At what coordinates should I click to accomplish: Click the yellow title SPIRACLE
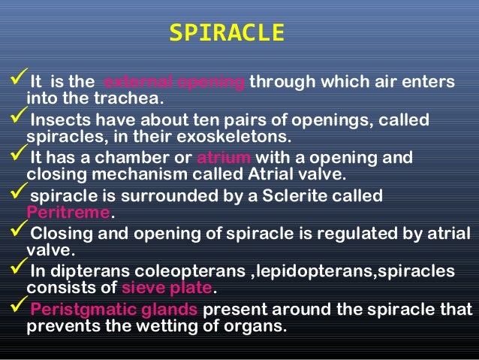click(227, 33)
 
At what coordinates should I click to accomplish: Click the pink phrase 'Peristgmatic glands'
click(113, 310)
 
